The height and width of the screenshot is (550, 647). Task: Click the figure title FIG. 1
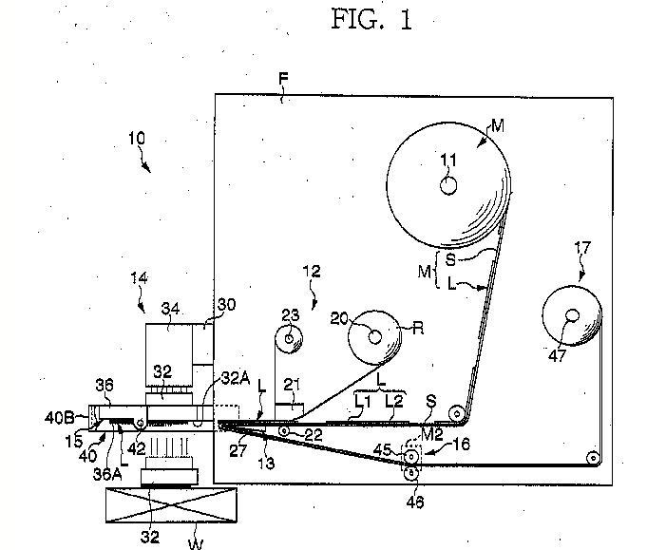[372, 19]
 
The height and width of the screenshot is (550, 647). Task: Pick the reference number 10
[136, 138]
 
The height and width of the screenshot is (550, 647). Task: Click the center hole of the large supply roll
[448, 185]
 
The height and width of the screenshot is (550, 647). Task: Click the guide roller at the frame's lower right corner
[593, 459]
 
